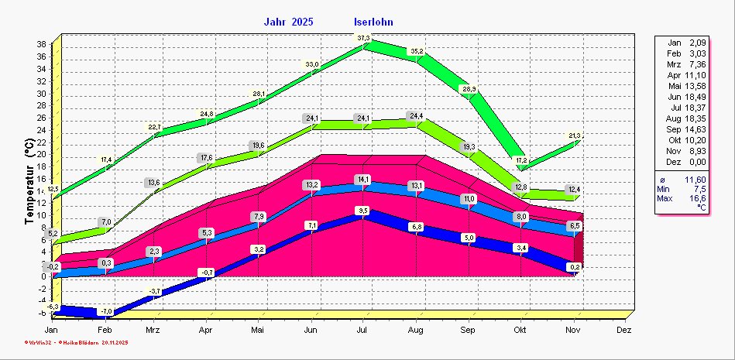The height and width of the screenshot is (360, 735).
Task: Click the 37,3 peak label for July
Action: point(363,38)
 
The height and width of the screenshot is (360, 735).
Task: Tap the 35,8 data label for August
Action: point(417,51)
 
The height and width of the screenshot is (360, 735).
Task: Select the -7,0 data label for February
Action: point(107,311)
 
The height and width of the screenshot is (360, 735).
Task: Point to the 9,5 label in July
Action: point(362,211)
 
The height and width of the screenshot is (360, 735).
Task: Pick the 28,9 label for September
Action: point(469,89)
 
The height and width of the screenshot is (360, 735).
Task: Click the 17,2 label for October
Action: point(520,160)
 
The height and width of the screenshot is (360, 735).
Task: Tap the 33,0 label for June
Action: point(311,64)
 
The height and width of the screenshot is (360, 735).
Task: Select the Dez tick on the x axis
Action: point(624,329)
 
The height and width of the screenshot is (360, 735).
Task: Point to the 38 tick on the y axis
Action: point(40,44)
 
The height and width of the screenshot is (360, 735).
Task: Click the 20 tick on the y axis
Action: point(40,154)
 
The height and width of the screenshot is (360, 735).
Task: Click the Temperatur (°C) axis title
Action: point(29,177)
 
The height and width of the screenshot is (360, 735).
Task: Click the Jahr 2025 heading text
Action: point(288,22)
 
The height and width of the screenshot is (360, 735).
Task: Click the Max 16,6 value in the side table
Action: point(682,199)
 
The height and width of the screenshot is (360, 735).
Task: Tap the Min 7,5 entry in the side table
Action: point(682,189)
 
